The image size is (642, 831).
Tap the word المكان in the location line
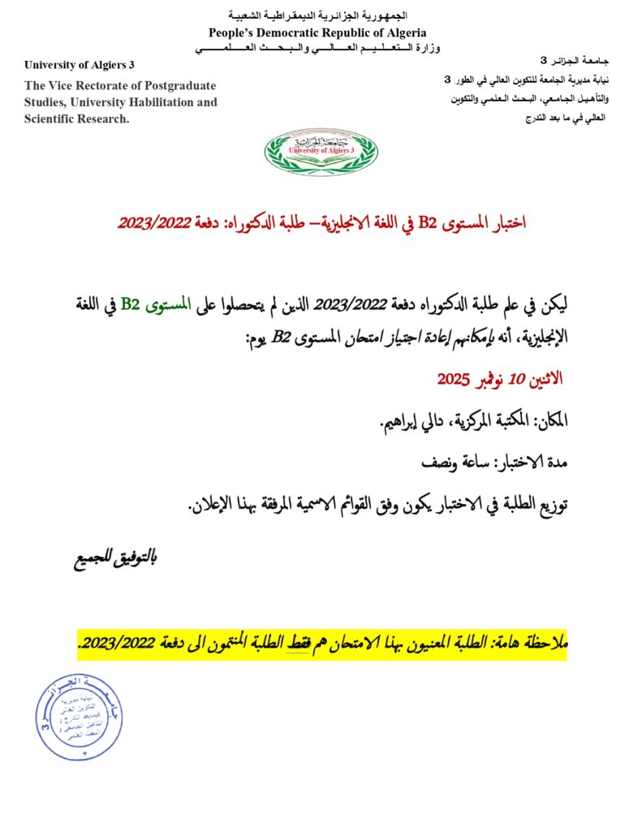pos(549,420)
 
